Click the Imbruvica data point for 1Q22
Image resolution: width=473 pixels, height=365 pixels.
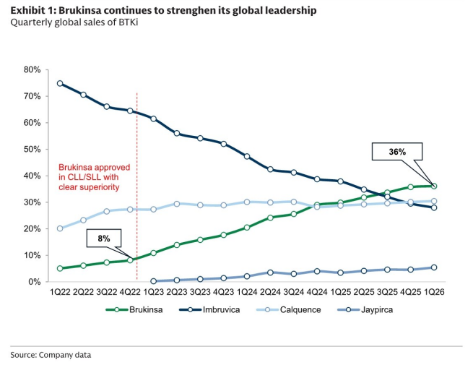coord(60,83)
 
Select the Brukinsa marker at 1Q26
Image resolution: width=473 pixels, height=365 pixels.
coord(434,186)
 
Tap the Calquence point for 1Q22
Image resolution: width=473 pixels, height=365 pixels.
coord(60,228)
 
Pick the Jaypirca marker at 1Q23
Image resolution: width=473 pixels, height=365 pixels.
coord(154,281)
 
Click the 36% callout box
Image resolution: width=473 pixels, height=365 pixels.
coord(397,152)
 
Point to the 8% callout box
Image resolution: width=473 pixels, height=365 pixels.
coord(104,239)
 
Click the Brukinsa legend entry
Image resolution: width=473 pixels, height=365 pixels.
coord(134,310)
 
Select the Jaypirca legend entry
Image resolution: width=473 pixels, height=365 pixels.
coord(365,310)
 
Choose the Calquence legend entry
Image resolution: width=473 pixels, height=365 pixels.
coord(288,310)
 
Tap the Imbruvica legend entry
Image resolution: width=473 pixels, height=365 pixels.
coord(209,310)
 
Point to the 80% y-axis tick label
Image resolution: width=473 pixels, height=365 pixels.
coord(32,69)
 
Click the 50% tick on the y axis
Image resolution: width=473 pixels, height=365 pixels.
coord(32,150)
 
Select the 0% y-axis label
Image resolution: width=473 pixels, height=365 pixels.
coord(34,282)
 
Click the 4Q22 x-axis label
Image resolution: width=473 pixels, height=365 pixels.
coord(130,292)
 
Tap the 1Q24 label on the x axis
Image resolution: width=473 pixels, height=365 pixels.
coord(247,292)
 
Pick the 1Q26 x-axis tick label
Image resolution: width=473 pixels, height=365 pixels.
coord(434,292)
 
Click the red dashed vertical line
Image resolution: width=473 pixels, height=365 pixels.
coord(137,186)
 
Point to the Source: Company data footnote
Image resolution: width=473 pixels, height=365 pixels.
coord(51,355)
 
